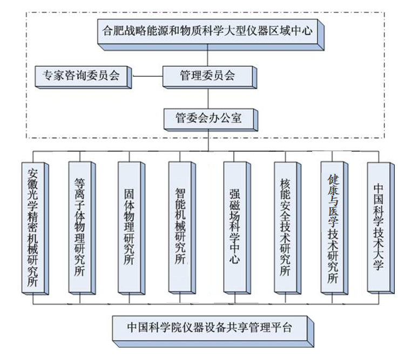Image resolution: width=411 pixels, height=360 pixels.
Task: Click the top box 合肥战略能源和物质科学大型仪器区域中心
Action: (207, 31)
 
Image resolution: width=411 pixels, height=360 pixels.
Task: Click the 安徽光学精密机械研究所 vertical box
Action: (32, 227)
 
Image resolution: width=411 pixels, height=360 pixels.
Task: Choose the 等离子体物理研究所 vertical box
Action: (80, 227)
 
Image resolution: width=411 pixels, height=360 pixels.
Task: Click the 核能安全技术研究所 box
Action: (285, 227)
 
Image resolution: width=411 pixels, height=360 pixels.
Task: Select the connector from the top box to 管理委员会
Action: (207, 54)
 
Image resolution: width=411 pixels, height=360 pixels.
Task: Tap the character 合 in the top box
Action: (108, 31)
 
